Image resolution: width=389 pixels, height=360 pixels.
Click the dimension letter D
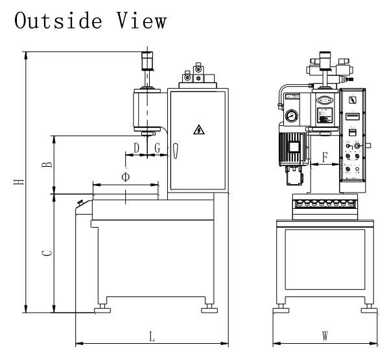point(136,148)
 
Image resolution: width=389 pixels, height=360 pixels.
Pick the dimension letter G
point(157,148)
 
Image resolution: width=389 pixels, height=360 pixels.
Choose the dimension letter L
point(151,337)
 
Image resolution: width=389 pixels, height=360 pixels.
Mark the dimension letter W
point(325,337)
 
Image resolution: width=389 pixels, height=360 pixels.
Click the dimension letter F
point(325,156)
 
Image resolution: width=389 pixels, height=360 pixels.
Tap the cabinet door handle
point(175,150)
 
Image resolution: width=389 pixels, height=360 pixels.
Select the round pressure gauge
point(288,117)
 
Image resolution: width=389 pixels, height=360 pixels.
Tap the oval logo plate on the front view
point(324,101)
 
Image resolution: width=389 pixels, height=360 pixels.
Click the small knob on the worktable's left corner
point(81,203)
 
